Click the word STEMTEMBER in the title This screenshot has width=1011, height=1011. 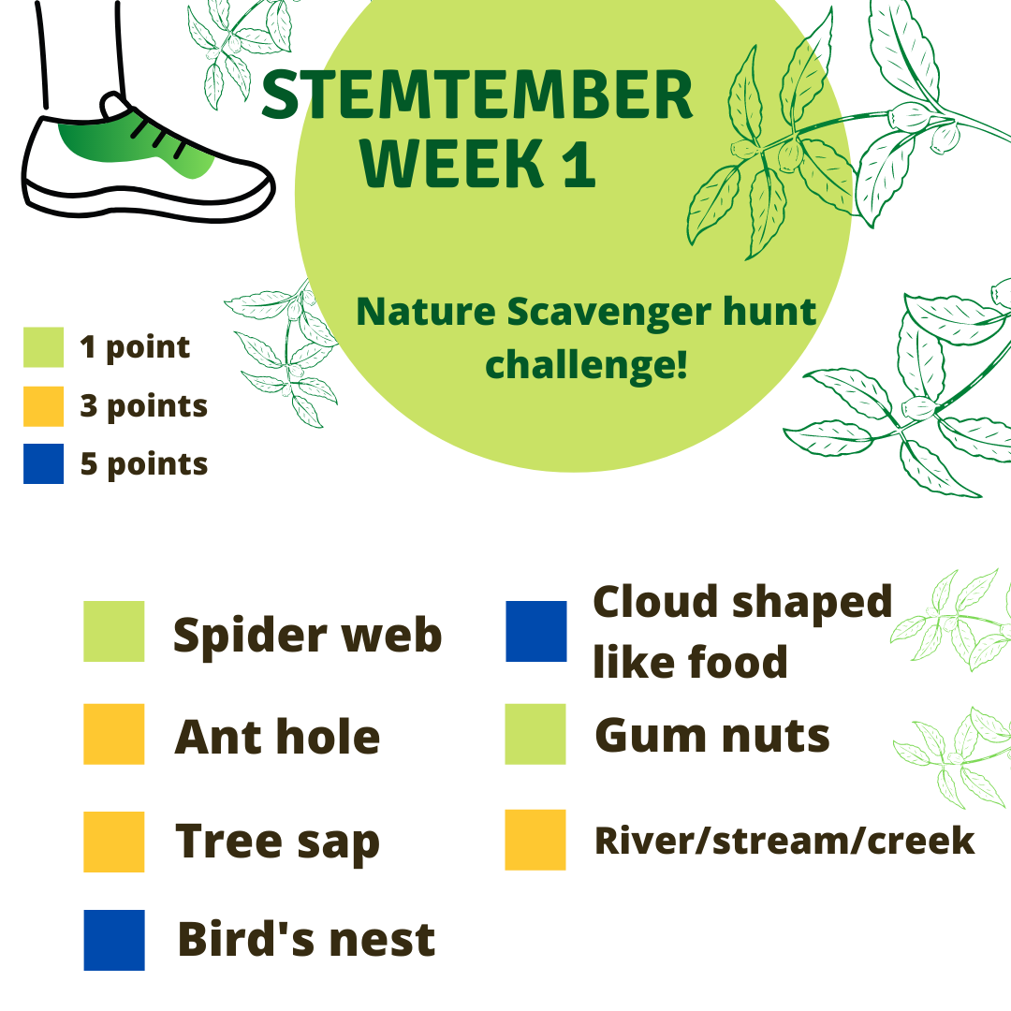(x=477, y=95)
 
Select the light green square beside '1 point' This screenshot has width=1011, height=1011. (x=43, y=347)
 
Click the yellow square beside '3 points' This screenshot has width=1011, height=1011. (x=43, y=406)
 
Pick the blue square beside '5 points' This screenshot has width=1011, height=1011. (x=43, y=463)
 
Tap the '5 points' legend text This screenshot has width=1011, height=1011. (x=144, y=464)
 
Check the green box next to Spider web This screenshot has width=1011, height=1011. (x=114, y=631)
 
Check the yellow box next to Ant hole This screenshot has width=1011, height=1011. (x=114, y=734)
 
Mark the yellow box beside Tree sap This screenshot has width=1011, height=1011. (x=114, y=842)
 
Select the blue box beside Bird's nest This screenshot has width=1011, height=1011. (x=114, y=940)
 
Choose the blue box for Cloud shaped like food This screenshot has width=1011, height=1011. (x=536, y=631)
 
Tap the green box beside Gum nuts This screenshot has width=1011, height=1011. (x=535, y=734)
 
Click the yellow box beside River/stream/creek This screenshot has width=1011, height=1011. (x=535, y=840)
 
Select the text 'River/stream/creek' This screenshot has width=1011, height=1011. (x=784, y=841)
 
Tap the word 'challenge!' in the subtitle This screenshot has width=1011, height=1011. (x=586, y=366)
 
